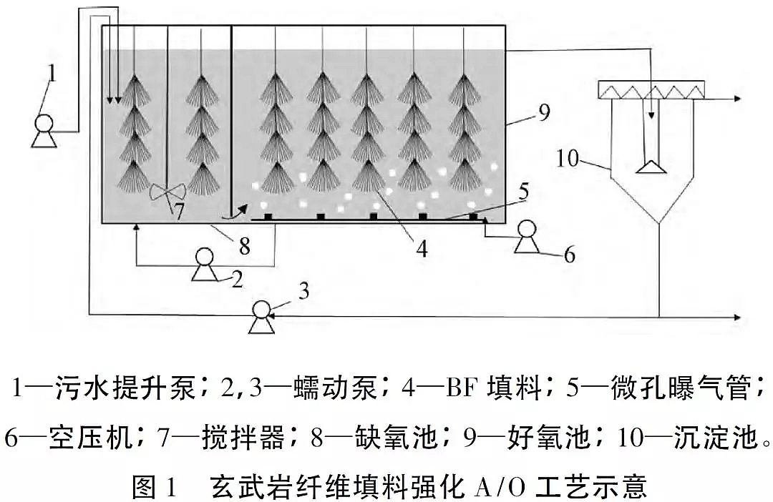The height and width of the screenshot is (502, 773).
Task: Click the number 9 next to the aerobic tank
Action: (x=544, y=113)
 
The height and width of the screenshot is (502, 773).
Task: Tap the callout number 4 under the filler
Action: (x=422, y=249)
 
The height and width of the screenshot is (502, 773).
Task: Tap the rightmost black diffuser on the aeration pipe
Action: (x=473, y=216)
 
